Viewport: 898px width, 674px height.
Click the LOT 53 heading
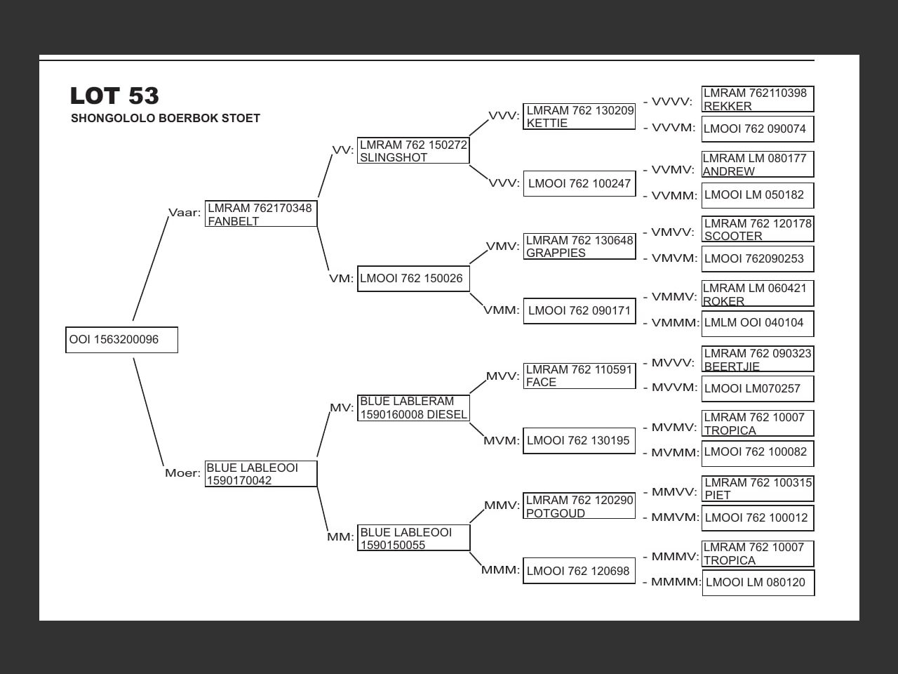pos(114,95)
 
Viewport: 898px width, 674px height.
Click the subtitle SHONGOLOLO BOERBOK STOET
pos(166,118)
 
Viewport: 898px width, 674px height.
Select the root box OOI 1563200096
pos(121,340)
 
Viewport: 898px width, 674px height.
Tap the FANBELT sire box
pos(260,214)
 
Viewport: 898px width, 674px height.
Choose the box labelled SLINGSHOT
pos(413,151)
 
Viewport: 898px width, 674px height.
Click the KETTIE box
pos(579,117)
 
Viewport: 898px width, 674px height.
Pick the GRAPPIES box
pos(579,246)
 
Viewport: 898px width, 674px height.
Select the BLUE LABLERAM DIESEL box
pos(413,408)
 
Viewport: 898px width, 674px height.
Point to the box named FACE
pos(579,376)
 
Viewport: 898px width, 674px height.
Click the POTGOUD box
pos(579,506)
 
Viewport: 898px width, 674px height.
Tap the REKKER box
pos(758,99)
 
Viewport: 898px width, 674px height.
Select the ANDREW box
pos(758,164)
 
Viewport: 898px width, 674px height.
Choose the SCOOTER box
pos(758,230)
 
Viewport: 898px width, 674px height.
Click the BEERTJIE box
pos(758,359)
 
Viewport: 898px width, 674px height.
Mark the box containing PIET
pos(758,489)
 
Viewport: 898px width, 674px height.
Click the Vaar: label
pos(185,213)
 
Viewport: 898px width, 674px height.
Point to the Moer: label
pos(182,473)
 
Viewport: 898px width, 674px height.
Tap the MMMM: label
pos(676,582)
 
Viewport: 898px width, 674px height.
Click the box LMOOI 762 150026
pos(413,279)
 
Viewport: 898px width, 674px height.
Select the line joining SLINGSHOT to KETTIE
pos(478,126)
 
